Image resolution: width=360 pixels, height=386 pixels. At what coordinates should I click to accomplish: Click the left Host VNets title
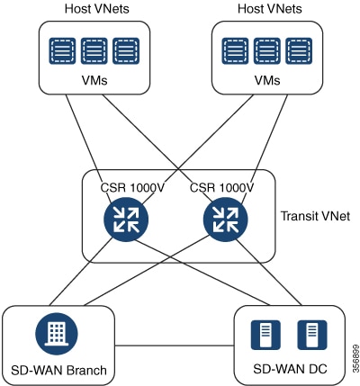click(x=97, y=9)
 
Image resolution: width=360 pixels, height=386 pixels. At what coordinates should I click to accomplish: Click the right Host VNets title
click(x=270, y=9)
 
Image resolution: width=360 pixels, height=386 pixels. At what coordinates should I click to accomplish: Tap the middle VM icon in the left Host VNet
click(x=94, y=50)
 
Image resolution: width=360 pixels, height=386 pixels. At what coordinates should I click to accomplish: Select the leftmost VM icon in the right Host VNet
click(x=235, y=50)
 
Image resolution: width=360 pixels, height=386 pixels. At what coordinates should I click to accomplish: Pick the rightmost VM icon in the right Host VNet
click(x=299, y=50)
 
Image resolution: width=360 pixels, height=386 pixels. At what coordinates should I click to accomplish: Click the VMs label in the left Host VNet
click(x=94, y=80)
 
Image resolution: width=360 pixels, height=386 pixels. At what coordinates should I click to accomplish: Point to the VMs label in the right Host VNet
click(x=267, y=80)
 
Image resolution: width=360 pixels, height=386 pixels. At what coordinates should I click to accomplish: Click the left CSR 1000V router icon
click(x=126, y=220)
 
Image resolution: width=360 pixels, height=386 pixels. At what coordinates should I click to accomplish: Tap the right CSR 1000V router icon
click(x=226, y=220)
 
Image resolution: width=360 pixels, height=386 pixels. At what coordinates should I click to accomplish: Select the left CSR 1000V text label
click(x=132, y=188)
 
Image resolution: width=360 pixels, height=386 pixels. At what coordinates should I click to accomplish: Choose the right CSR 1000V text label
click(x=222, y=188)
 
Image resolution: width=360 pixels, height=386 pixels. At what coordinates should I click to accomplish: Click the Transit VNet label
click(x=315, y=216)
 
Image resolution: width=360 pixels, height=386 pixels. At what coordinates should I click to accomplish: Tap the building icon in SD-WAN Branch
click(x=57, y=334)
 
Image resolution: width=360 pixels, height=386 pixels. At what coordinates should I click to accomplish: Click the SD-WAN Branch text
click(x=58, y=370)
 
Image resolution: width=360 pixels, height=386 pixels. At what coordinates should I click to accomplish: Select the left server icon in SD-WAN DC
click(x=265, y=335)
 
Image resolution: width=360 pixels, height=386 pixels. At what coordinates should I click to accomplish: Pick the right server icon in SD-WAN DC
click(x=312, y=335)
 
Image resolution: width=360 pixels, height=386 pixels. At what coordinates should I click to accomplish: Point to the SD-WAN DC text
click(x=290, y=369)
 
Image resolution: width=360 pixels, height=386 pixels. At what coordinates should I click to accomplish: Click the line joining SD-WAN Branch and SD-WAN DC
click(x=175, y=346)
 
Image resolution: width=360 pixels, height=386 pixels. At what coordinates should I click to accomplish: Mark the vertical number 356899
click(x=355, y=358)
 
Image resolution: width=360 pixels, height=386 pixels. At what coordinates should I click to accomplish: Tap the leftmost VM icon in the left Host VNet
click(x=62, y=50)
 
